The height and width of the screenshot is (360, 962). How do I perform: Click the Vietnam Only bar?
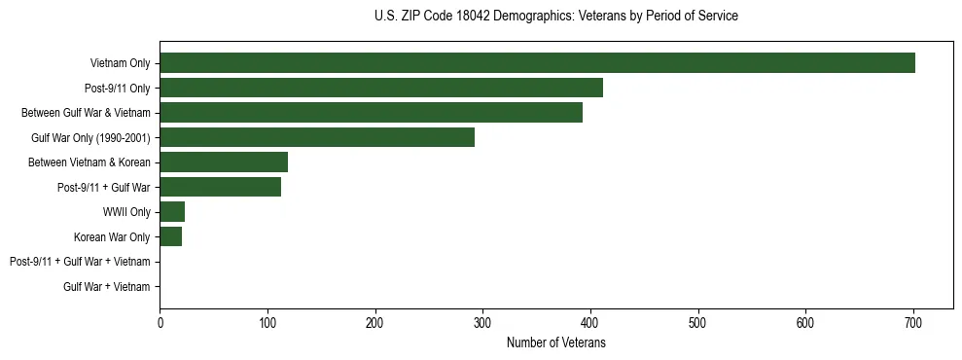coord(537,63)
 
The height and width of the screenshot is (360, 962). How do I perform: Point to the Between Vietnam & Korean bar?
coord(224,162)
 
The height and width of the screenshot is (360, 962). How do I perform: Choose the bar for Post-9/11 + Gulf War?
coord(220,187)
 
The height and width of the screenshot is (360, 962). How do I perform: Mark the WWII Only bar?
coord(172,212)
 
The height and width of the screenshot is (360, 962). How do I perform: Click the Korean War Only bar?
coord(170,236)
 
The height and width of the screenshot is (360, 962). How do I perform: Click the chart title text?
coord(555,17)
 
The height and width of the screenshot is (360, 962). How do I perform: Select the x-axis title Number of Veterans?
coord(555,342)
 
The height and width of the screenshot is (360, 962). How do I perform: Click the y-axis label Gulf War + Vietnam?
coord(106,287)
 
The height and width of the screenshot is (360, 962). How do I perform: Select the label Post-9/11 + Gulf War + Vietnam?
coord(80,262)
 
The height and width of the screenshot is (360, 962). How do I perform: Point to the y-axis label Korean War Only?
coord(112,236)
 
